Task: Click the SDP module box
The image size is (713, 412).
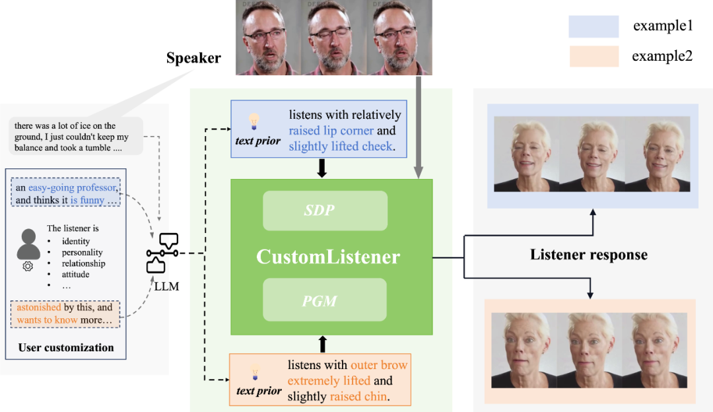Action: (325, 211)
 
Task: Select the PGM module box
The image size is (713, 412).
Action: (325, 300)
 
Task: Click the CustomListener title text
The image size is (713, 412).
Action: (328, 256)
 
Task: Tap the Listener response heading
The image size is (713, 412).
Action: (588, 255)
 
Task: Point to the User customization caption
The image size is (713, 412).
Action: (66, 347)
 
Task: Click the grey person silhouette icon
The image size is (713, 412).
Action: (28, 244)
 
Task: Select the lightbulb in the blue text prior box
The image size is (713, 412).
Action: (254, 121)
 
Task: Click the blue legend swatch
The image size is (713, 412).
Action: (594, 26)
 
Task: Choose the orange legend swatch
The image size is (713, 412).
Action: (594, 57)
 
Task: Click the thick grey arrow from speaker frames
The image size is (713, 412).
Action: (419, 125)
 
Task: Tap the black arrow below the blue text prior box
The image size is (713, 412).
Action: (322, 168)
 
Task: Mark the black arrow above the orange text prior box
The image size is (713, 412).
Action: (323, 344)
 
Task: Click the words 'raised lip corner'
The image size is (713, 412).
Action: (331, 131)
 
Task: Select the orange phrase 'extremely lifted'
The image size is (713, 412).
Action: (324, 381)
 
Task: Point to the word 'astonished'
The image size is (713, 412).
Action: (39, 308)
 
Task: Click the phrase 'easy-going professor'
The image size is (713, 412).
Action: (72, 188)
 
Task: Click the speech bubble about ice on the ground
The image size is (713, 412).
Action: (76, 137)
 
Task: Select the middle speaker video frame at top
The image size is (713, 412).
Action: (334, 38)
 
